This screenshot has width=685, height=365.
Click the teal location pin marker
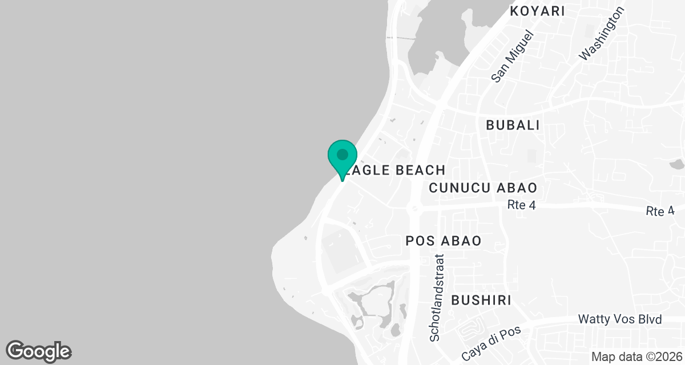point(342,159)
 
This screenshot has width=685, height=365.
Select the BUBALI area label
point(513,125)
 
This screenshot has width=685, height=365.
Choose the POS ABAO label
point(443,241)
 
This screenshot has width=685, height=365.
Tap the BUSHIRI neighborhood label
point(481,300)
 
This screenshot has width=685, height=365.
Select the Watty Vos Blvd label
point(619,319)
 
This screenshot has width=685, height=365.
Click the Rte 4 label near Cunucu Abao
point(521,205)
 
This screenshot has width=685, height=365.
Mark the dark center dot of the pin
point(342,154)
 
